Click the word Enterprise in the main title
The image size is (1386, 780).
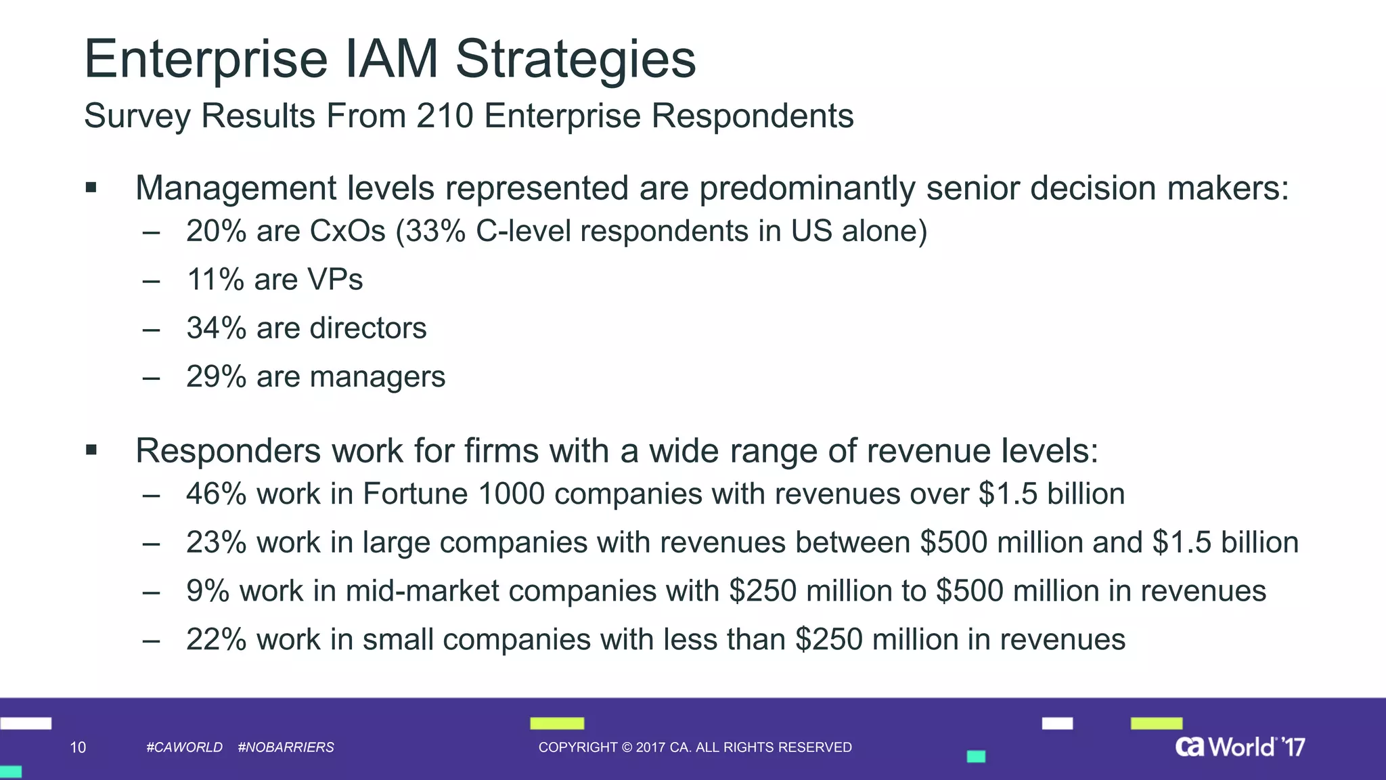[206, 60]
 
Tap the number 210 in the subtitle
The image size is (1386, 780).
[445, 116]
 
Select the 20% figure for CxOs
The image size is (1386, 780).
[216, 231]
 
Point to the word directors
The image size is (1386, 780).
[367, 328]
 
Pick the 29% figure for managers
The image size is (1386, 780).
[216, 377]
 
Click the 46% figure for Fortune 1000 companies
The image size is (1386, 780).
[216, 494]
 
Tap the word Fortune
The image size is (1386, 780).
[415, 494]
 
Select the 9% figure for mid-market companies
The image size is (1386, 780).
[207, 591]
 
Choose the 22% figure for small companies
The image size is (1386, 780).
[216, 640]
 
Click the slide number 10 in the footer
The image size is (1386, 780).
[78, 747]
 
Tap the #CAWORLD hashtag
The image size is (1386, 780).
[184, 747]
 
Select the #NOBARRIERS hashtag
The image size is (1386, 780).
[286, 747]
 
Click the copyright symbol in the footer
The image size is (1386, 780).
[626, 747]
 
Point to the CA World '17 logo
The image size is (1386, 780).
[1239, 747]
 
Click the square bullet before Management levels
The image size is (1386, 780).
[91, 188]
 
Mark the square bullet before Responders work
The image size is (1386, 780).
[91, 450]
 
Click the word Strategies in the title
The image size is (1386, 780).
[575, 60]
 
